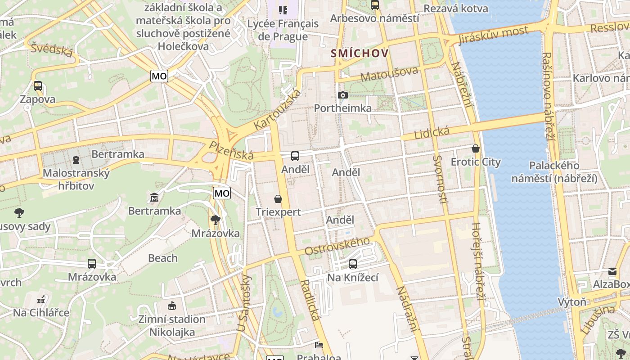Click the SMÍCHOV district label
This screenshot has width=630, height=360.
click(x=360, y=54)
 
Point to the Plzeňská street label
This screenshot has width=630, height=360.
click(x=231, y=150)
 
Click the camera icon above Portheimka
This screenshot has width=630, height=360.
click(x=343, y=95)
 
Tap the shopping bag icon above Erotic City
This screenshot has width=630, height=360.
click(x=476, y=148)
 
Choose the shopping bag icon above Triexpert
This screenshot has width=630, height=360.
click(x=278, y=199)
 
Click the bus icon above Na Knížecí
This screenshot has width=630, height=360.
click(x=353, y=264)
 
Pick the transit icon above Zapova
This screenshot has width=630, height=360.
click(x=38, y=86)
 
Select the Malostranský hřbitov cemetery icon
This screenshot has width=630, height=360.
click(x=76, y=160)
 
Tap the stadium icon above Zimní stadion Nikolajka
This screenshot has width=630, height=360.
click(x=171, y=306)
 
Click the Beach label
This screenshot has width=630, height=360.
click(x=163, y=258)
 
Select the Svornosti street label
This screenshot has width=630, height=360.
click(x=440, y=179)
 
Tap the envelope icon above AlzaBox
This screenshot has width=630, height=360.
click(x=612, y=271)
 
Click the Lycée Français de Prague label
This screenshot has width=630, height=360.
click(x=283, y=30)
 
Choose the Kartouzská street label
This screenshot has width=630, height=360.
click(x=277, y=110)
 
